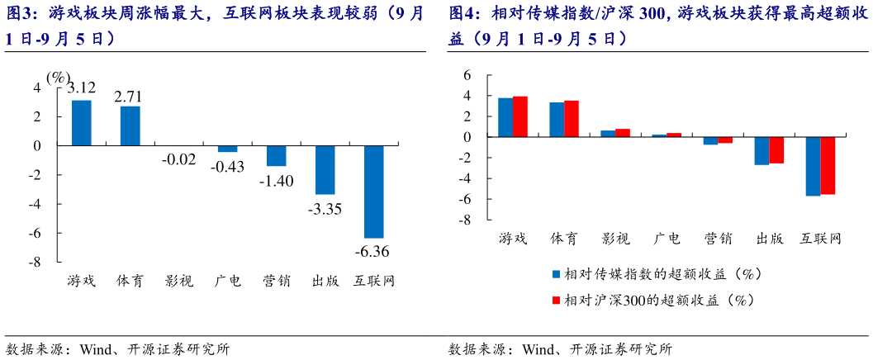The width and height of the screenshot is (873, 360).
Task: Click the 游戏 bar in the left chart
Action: pos(81,122)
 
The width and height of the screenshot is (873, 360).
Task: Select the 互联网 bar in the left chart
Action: pos(373,192)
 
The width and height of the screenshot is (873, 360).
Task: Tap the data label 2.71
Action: pos(130,97)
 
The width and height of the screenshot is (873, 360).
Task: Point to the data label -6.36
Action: pos(373,250)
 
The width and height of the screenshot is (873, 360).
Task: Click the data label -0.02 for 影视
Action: pos(179,159)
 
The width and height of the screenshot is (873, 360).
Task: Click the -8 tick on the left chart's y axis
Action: pos(36,263)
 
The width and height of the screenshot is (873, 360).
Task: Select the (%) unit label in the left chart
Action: pos(59,77)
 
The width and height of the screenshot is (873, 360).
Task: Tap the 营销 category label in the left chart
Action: pos(276,281)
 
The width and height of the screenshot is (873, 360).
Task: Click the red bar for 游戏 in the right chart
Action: pos(520,116)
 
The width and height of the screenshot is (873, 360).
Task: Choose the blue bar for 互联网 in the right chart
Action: pos(813,166)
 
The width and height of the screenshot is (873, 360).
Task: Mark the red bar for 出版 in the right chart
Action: pos(776,150)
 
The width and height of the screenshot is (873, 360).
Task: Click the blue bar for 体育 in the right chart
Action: pos(557,120)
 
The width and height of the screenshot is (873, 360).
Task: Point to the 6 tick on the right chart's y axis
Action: pos(467,75)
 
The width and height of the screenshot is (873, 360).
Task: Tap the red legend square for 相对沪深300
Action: pos(556,301)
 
